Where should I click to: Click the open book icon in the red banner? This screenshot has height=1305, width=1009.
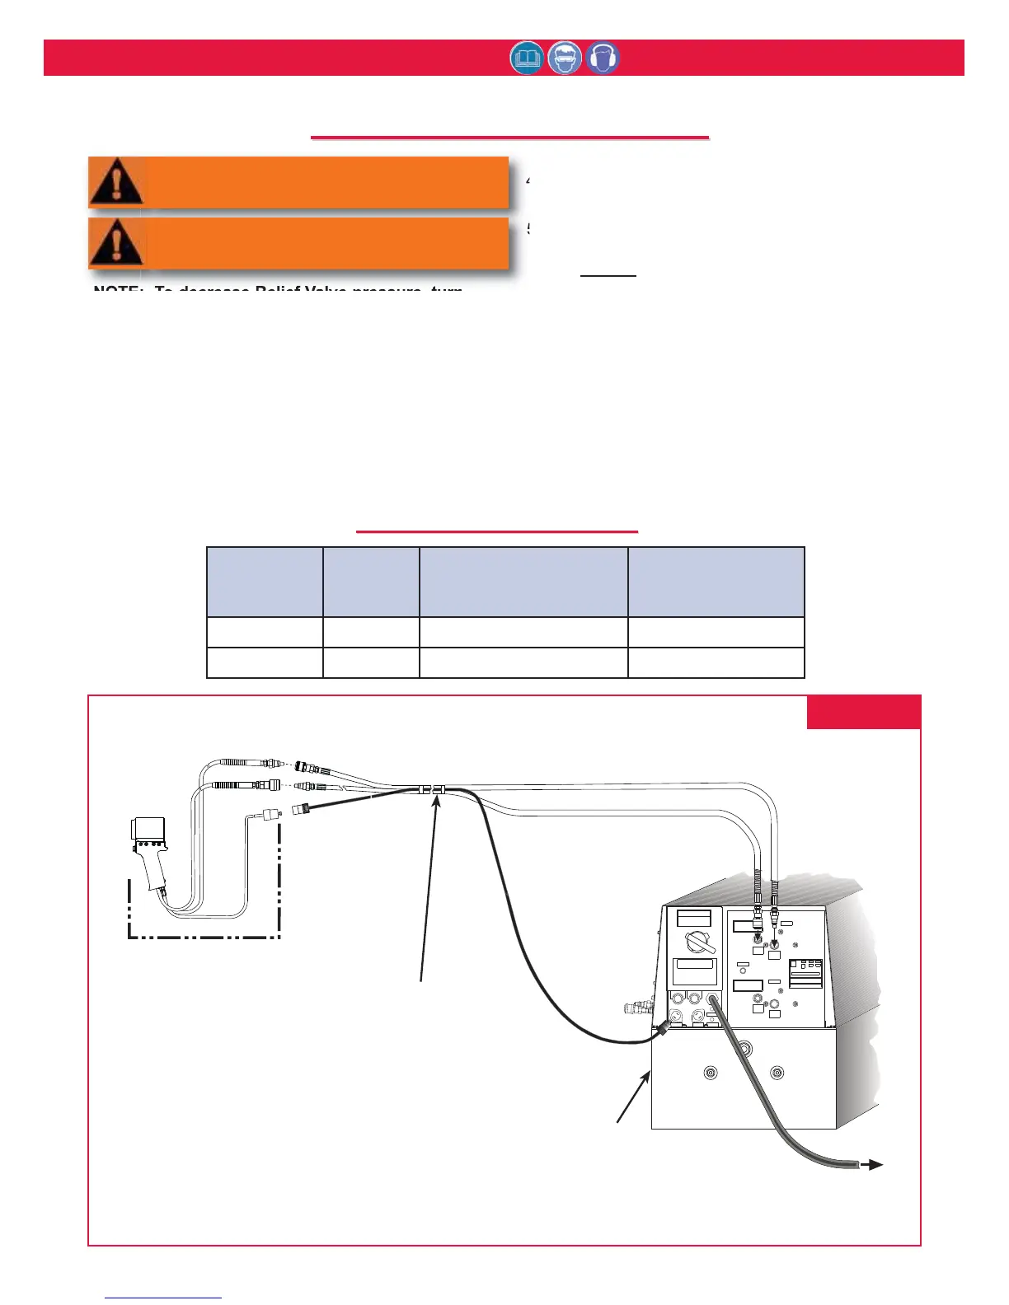click(527, 58)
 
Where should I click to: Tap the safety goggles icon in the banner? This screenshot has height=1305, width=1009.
click(565, 58)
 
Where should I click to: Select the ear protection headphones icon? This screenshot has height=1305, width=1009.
click(603, 58)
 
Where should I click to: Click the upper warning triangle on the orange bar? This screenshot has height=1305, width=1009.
click(116, 181)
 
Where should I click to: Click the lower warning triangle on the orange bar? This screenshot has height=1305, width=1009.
click(116, 243)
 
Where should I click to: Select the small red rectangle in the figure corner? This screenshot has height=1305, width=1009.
click(863, 712)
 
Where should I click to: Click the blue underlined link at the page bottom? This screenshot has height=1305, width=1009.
click(163, 1298)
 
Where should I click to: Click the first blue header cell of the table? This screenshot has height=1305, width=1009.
click(264, 582)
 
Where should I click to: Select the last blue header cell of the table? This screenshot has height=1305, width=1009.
click(716, 582)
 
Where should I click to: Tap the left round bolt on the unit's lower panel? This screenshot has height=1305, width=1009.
click(711, 1073)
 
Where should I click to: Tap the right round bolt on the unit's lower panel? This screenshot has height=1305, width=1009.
click(776, 1073)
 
